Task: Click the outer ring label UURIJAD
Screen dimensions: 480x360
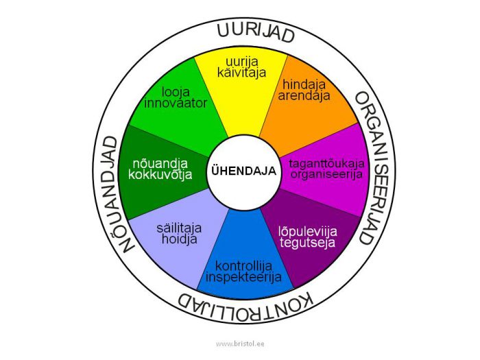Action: pyautogui.click(x=256, y=33)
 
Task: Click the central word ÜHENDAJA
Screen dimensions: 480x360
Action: pyautogui.click(x=244, y=171)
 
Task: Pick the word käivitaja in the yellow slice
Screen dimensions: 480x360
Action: pyautogui.click(x=241, y=72)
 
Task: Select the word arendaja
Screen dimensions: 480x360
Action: pyautogui.click(x=304, y=96)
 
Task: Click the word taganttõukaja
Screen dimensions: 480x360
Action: pyautogui.click(x=326, y=163)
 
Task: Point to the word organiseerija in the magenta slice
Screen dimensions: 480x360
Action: pyautogui.click(x=326, y=174)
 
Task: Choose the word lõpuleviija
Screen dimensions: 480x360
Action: pyautogui.click(x=308, y=232)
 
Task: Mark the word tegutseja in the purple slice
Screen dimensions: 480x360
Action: pyautogui.click(x=307, y=243)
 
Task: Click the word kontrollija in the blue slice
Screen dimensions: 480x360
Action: pyautogui.click(x=243, y=266)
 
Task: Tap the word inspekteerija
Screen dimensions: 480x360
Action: pyautogui.click(x=243, y=277)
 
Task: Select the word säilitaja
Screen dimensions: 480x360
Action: pyautogui.click(x=179, y=228)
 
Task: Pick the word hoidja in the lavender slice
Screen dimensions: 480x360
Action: pyautogui.click(x=180, y=239)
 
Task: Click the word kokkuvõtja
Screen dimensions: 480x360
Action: pyautogui.click(x=160, y=174)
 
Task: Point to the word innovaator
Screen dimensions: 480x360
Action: pyautogui.click(x=176, y=103)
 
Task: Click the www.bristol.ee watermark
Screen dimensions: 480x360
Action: pyautogui.click(x=240, y=344)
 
